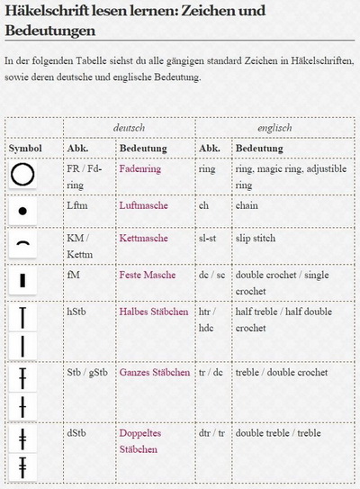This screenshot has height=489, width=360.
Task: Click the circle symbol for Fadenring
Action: [x=24, y=174]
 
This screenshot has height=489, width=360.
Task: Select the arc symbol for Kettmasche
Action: [x=23, y=243]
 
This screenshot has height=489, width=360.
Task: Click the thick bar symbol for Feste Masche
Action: [x=23, y=280]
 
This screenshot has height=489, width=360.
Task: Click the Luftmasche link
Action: [x=143, y=205]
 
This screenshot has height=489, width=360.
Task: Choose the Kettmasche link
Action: [x=143, y=238]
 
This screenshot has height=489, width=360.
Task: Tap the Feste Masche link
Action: [x=148, y=275]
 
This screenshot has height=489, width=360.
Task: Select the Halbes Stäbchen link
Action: [x=154, y=312]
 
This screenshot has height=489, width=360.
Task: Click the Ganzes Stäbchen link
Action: [x=155, y=371]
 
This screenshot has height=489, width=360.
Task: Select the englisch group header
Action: [x=274, y=128]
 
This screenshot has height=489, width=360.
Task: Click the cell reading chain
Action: [x=247, y=205]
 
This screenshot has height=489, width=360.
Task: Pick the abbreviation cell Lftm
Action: [x=79, y=205]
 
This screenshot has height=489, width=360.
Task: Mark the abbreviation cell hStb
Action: [x=77, y=312]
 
